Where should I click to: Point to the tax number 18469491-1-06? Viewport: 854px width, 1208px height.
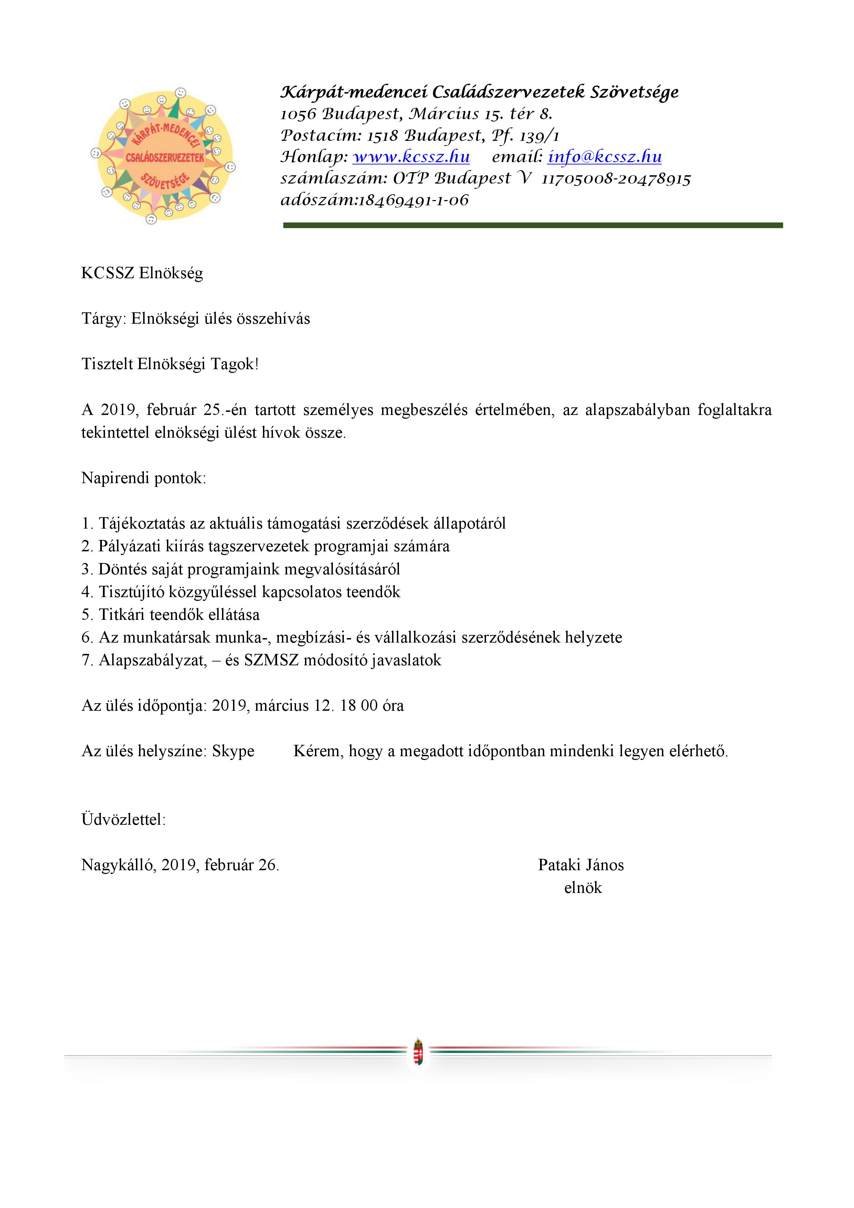(413, 200)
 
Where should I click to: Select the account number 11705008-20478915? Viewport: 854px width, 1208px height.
(616, 179)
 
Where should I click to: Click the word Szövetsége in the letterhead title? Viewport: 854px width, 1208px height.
(634, 93)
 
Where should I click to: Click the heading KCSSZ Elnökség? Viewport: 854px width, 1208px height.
(142, 273)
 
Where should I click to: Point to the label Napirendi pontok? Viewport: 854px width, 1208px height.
(144, 478)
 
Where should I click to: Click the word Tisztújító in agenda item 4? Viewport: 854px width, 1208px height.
(131, 592)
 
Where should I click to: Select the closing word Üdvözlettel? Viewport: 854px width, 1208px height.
(123, 820)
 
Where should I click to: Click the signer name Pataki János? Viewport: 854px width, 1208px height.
(581, 865)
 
